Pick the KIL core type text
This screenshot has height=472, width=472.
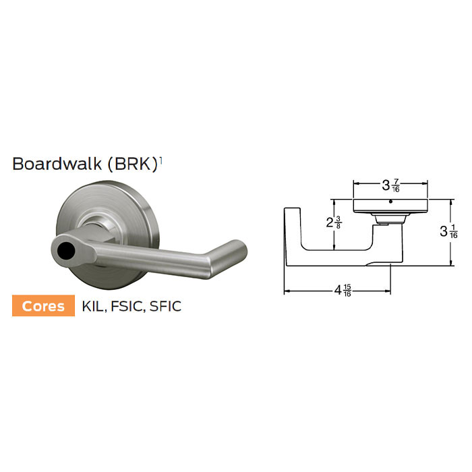point(93,306)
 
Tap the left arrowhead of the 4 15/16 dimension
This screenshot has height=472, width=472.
point(287,291)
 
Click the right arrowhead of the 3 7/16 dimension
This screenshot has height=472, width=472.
point(426,182)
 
